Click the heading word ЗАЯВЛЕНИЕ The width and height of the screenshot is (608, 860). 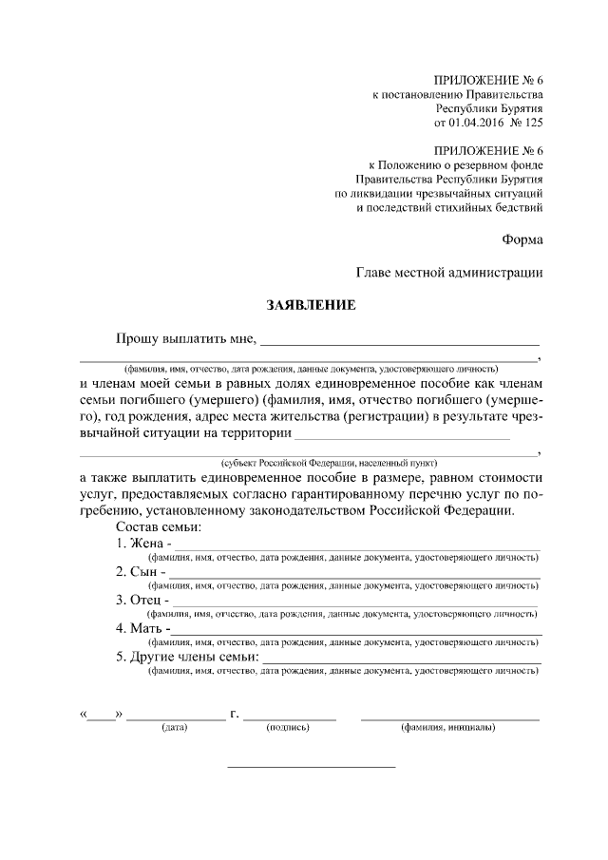pos(310,306)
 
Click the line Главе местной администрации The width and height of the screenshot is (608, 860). pos(450,273)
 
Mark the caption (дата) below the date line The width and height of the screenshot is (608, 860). pos(176,728)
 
